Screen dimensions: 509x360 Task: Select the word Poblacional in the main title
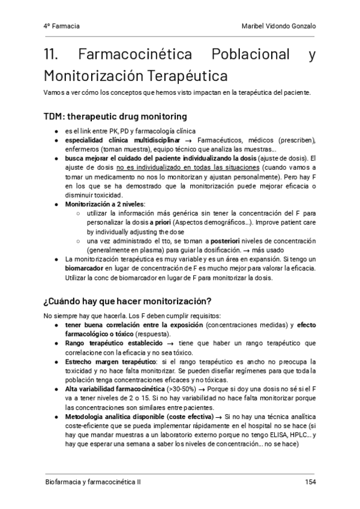[x=252, y=55]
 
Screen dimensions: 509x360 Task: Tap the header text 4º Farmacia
[x=62, y=27]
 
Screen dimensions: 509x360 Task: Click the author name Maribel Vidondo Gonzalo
[x=277, y=27]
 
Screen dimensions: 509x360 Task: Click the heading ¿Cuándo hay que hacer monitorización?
[x=127, y=301]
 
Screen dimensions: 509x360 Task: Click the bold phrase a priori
[x=160, y=222]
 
